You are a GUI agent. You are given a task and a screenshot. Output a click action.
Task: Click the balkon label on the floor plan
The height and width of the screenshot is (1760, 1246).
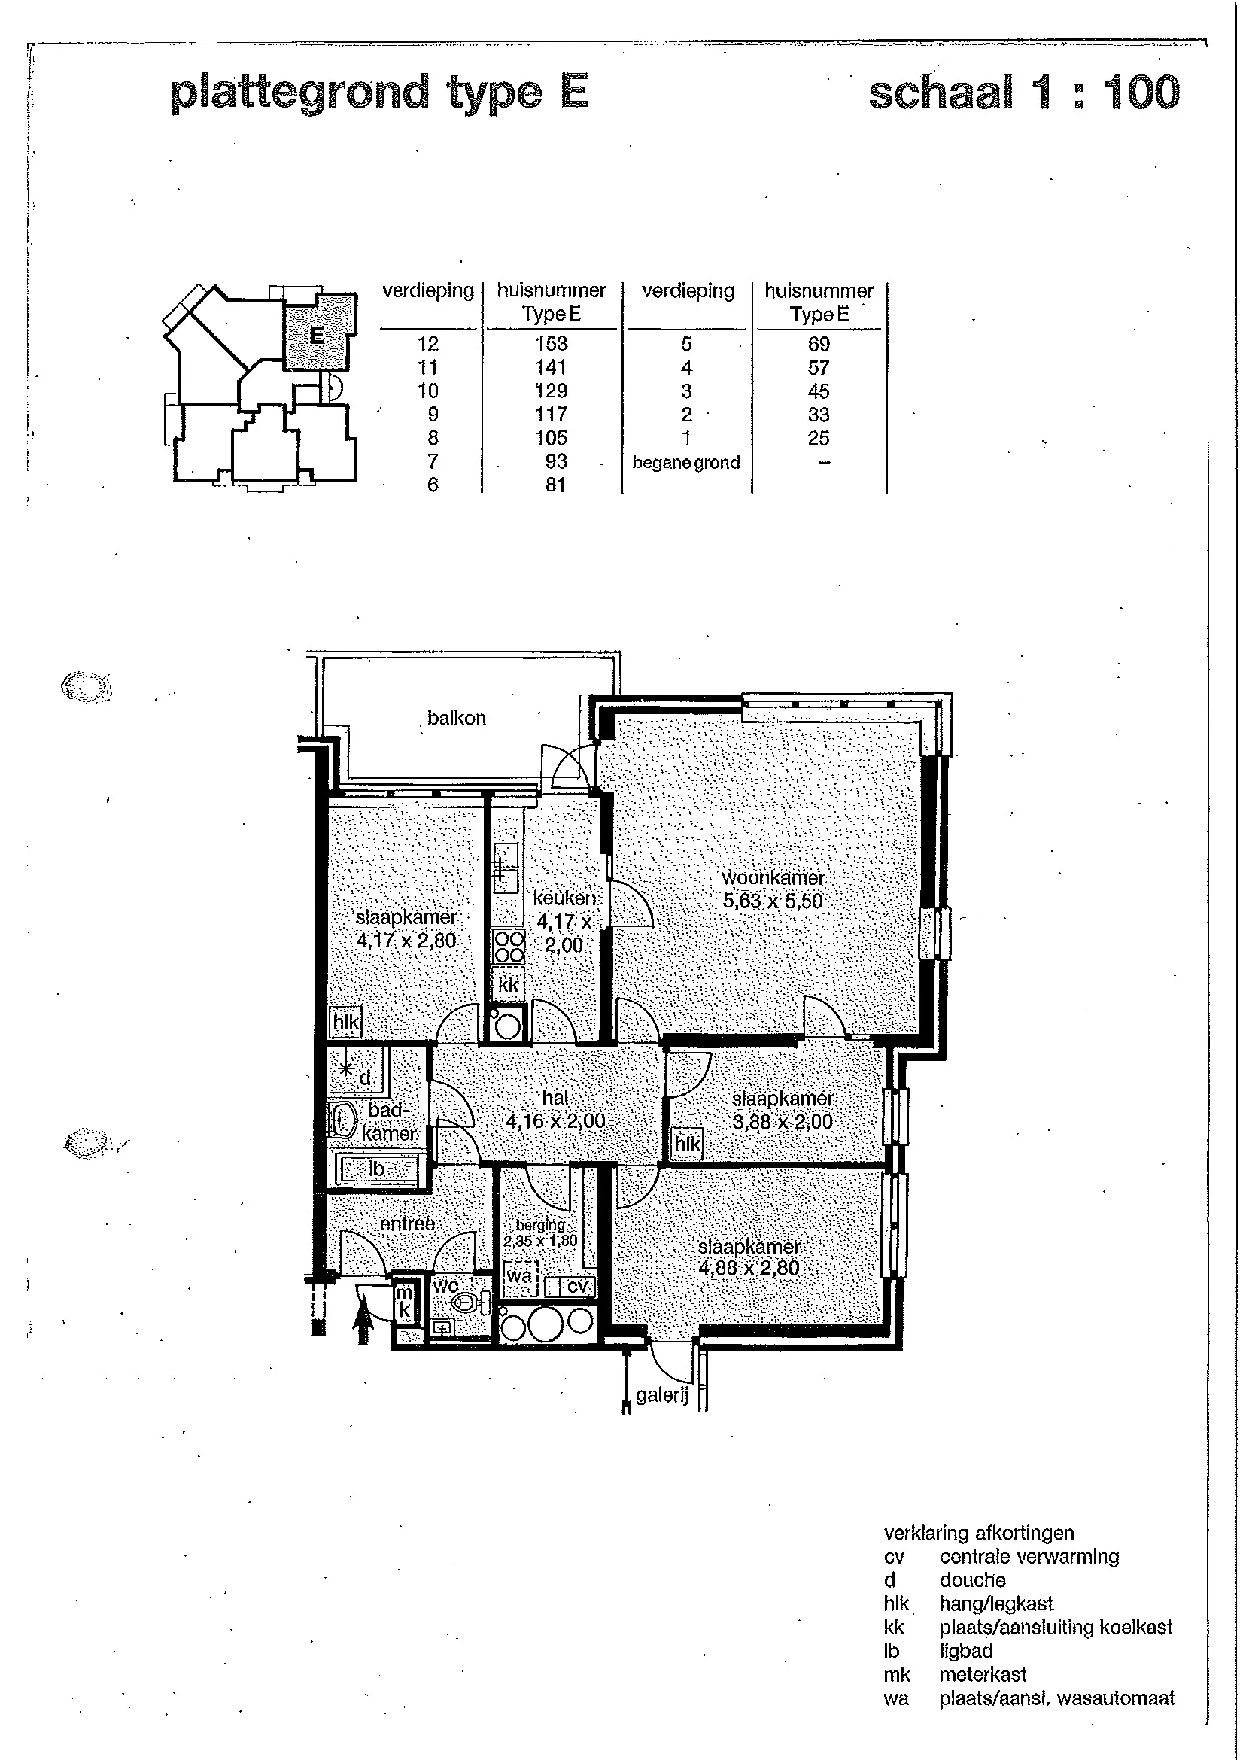click(457, 718)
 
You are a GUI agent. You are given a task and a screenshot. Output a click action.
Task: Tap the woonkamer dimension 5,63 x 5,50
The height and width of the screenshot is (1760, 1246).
click(773, 901)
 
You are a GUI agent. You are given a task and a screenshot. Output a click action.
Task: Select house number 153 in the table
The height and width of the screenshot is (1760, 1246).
click(551, 344)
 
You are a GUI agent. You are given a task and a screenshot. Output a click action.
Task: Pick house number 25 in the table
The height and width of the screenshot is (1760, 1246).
click(819, 438)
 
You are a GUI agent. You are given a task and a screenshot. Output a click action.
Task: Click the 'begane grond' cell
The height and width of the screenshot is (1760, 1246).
click(686, 463)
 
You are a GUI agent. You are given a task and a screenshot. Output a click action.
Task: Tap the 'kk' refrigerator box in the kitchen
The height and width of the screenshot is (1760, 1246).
click(509, 985)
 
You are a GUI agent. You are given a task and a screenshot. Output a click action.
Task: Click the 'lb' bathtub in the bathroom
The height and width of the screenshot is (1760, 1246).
click(378, 1169)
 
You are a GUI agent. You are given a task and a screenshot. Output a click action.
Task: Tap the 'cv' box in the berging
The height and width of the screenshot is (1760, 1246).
click(573, 1287)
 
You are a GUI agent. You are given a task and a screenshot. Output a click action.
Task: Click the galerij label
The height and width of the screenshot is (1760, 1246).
click(662, 1394)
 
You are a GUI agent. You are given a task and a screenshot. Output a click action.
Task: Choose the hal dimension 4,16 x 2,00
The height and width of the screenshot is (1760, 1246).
click(555, 1121)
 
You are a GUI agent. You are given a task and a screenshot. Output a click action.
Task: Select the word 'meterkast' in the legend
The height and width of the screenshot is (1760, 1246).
click(983, 1674)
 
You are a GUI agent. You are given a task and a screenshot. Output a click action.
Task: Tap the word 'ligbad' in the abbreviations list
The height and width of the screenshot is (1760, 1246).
click(966, 1651)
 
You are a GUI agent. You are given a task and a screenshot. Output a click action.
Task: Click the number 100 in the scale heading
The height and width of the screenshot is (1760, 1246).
click(1141, 93)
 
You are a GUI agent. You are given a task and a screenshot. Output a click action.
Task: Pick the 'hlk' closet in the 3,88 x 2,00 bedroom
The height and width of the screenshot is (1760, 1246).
click(688, 1144)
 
